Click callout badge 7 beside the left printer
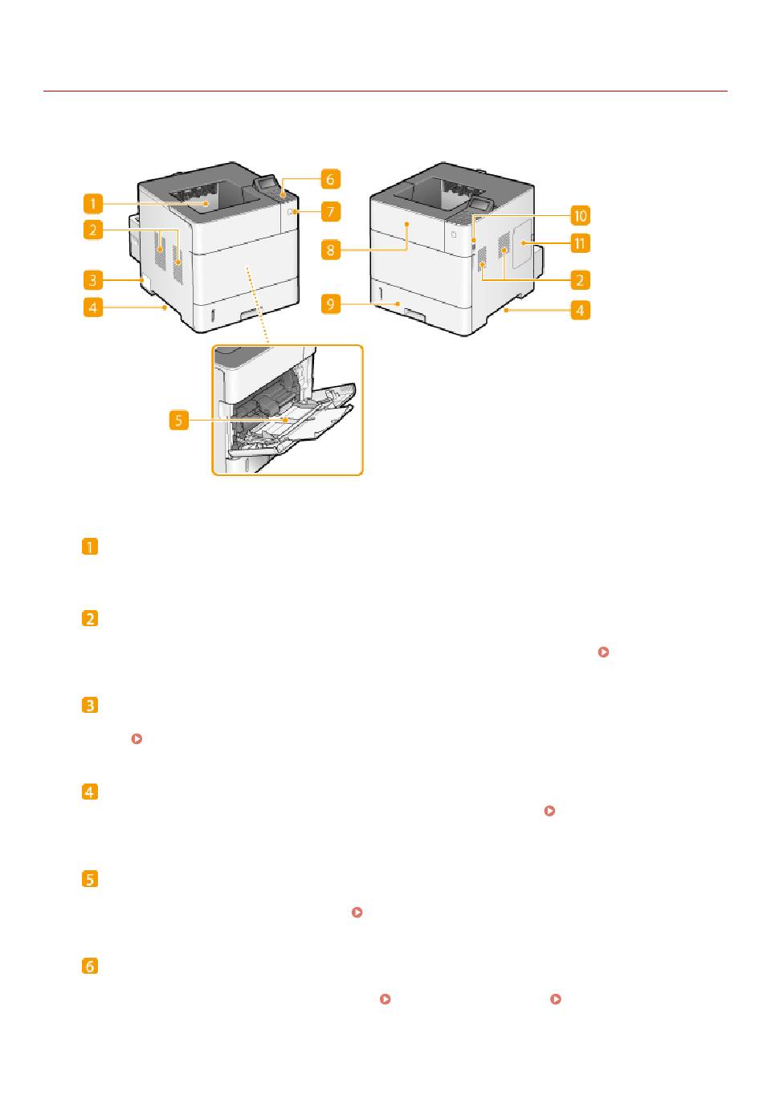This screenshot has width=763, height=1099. [330, 212]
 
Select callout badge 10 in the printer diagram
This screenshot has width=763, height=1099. [580, 215]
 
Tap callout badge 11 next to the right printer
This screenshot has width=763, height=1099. [580, 243]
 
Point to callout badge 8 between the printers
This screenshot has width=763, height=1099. [330, 250]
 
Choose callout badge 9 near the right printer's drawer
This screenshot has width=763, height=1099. [330, 304]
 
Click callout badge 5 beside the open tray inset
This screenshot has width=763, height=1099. [179, 420]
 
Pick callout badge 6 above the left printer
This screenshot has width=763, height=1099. [330, 179]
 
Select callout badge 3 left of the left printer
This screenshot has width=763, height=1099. [93, 280]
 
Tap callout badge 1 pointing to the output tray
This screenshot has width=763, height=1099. [93, 204]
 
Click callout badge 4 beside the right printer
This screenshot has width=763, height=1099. [580, 310]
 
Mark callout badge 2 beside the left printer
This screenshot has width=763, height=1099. [93, 230]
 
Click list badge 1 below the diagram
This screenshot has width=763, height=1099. [90, 546]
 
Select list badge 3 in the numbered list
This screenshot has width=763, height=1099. [90, 705]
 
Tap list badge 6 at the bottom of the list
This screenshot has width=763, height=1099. [90, 966]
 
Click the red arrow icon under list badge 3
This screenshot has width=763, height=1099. [137, 739]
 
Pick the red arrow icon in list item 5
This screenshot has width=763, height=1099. [357, 912]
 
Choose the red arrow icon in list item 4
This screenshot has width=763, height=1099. [549, 811]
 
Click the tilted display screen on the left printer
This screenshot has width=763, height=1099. [265, 183]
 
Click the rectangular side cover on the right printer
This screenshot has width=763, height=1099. [522, 243]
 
